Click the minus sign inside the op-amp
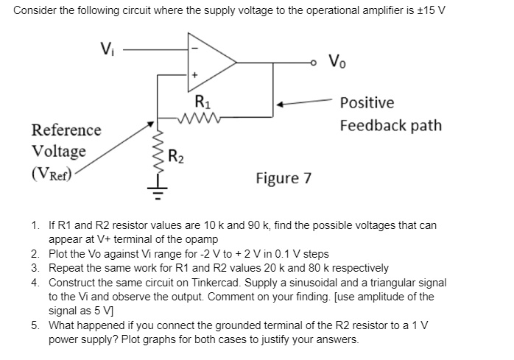[195, 49]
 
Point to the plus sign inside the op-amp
[195, 76]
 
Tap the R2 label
[176, 156]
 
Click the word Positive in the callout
[367, 103]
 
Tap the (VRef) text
[52, 175]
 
